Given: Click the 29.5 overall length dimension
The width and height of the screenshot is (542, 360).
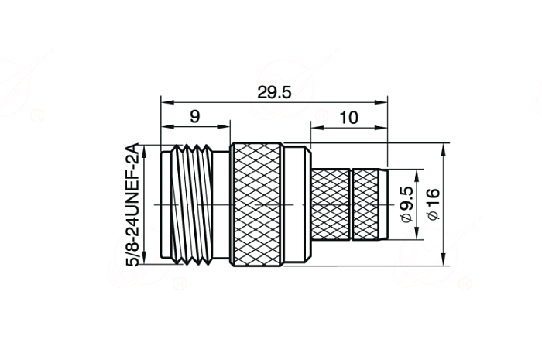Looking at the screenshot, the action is (274, 93).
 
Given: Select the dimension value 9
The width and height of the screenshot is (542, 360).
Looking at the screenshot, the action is (195, 117).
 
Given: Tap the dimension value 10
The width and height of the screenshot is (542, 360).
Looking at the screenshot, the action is (348, 118).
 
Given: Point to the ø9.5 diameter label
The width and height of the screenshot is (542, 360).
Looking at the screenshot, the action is (406, 204).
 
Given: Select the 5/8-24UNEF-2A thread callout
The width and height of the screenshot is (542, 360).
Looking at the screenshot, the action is (132, 204).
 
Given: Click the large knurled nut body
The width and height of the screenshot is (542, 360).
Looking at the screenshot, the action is (256, 204).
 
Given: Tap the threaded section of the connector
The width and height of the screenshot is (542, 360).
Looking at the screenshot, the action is (192, 204).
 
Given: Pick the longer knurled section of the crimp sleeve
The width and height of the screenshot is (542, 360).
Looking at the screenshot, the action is (331, 204).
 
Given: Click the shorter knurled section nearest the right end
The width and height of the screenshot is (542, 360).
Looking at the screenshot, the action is (365, 204).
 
